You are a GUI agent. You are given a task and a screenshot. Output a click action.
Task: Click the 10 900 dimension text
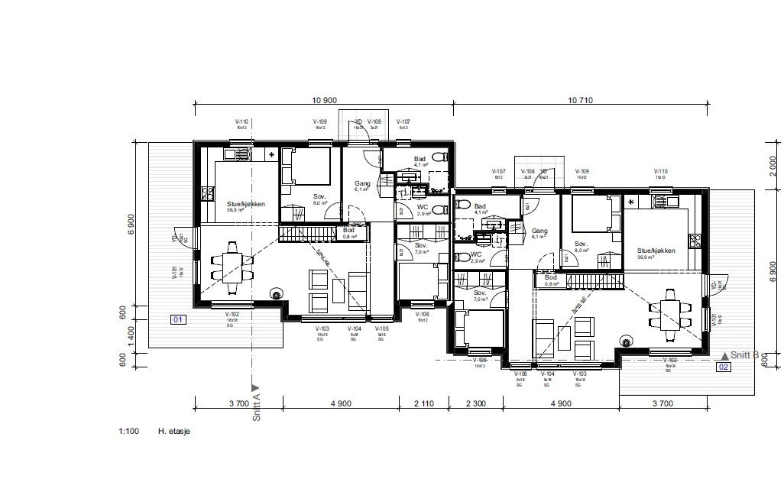click(x=325, y=101)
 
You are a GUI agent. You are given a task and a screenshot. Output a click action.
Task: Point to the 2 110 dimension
click(x=423, y=403)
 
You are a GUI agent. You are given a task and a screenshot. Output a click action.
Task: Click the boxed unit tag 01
click(x=177, y=319)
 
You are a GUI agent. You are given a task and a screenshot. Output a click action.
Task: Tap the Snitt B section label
click(x=745, y=355)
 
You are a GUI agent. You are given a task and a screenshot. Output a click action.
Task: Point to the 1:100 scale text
click(x=128, y=432)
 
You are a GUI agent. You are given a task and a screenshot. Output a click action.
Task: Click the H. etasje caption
click(x=173, y=432)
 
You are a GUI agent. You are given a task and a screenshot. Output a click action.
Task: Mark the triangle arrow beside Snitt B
click(x=724, y=355)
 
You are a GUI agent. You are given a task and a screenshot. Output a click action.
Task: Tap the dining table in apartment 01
click(x=232, y=267)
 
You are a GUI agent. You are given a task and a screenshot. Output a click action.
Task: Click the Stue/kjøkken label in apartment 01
click(x=242, y=205)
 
